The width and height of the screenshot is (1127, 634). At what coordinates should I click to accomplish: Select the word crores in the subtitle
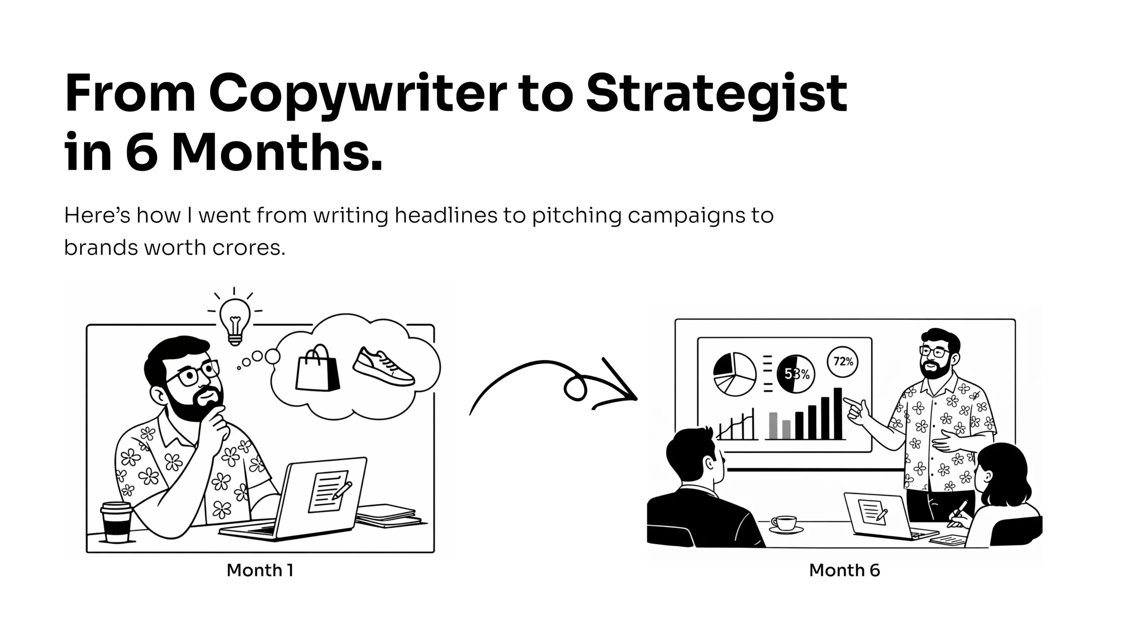(x=249, y=248)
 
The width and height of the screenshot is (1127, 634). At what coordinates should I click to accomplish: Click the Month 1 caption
(x=260, y=570)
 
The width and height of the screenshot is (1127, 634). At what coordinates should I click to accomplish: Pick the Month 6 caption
(x=844, y=570)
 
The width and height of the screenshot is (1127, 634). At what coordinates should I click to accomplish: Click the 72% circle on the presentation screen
(x=843, y=362)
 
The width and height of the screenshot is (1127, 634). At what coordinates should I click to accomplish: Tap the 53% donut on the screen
(x=796, y=374)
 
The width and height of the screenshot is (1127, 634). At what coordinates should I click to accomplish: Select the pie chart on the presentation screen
(x=734, y=374)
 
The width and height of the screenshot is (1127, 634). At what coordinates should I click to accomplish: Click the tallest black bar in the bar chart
(x=838, y=413)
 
